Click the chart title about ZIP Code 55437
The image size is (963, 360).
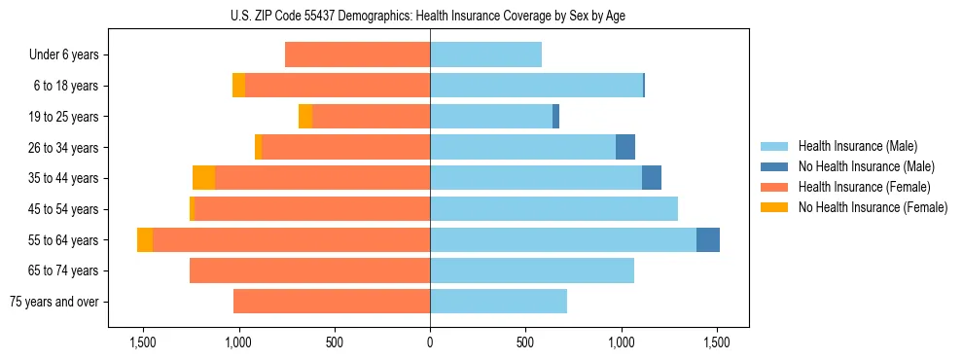[x=430, y=15]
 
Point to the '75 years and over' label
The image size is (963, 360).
[x=54, y=302]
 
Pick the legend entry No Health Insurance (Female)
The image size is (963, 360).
[x=872, y=207]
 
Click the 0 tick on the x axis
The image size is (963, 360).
[x=430, y=343]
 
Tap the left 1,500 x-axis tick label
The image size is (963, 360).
[x=143, y=343]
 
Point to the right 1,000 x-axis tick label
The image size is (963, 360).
[x=622, y=343]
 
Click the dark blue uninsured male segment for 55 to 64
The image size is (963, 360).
[x=708, y=239]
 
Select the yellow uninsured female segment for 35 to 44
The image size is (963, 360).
[x=203, y=178]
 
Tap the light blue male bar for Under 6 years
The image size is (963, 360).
[x=485, y=54]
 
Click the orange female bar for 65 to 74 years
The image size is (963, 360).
[x=309, y=270]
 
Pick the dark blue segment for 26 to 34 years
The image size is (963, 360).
[x=625, y=147]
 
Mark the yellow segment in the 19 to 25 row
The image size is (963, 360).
[x=305, y=117]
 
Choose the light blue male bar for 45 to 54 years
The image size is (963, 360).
[x=553, y=209]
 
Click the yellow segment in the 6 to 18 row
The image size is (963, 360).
[x=238, y=86]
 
